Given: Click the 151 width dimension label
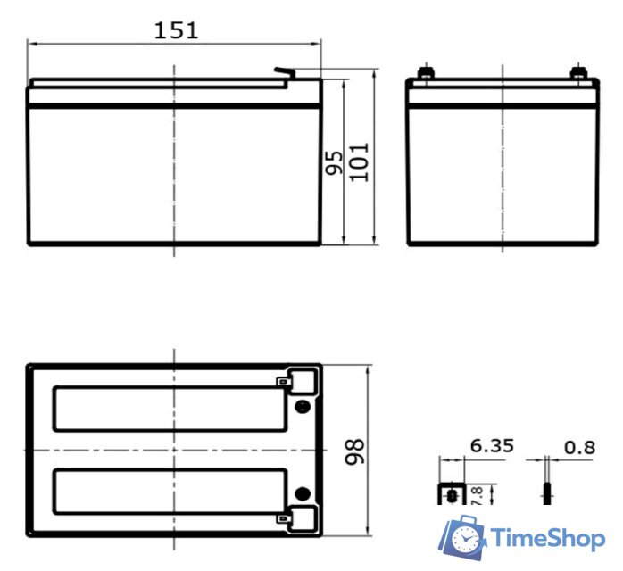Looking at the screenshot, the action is tap(176, 30).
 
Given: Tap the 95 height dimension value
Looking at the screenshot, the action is tap(334, 162).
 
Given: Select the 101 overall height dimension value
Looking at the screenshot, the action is tap(359, 162).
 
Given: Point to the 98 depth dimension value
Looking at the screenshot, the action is tap(354, 451).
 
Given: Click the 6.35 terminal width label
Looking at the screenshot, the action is tap(492, 446).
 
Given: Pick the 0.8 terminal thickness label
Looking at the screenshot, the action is tap(579, 448).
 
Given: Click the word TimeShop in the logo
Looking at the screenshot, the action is tap(548, 539).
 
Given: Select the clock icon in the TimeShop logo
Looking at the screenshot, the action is tap(463, 539).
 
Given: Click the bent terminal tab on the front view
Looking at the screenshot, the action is tap(285, 72).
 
